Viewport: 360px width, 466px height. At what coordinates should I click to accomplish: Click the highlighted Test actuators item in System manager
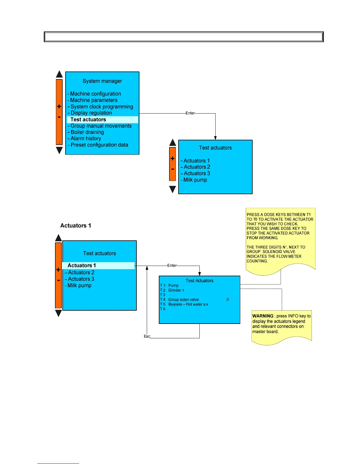[88, 119]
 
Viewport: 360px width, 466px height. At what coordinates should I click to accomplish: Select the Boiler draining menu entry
[87, 132]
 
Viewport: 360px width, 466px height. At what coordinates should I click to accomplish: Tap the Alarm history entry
[86, 138]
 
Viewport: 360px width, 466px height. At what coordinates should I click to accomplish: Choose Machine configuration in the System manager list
[95, 94]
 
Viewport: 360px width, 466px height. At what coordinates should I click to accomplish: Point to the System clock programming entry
[101, 106]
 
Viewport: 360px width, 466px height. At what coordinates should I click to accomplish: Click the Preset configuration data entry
[99, 145]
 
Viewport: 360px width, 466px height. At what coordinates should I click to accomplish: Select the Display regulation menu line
[91, 113]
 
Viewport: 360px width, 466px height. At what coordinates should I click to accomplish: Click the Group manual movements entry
[101, 126]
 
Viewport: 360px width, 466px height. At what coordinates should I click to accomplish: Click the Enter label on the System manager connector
[190, 113]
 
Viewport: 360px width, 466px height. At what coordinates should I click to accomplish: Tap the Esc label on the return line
[147, 336]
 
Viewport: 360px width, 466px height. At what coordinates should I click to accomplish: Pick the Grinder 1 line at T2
[176, 290]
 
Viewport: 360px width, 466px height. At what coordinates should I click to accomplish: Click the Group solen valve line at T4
[184, 299]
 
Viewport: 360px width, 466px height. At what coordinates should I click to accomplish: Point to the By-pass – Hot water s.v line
[188, 304]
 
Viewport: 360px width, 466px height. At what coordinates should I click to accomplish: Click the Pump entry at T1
[173, 285]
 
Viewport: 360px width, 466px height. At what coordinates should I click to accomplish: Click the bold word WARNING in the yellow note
[263, 316]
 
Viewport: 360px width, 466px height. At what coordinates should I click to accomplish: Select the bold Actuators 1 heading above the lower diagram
[76, 226]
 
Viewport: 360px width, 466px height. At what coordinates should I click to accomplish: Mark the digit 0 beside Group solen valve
[228, 299]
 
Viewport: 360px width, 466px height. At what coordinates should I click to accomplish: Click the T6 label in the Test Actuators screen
[163, 309]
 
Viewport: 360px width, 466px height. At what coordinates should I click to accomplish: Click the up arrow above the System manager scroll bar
[59, 74]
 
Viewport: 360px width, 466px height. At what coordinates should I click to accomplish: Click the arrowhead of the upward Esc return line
[147, 268]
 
